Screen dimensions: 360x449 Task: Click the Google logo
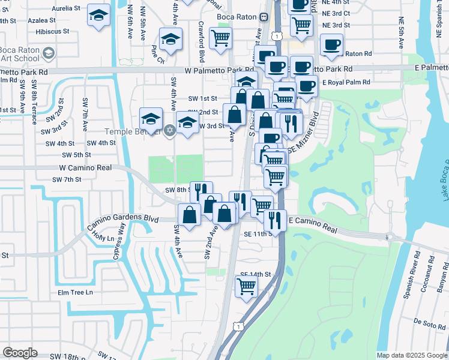coord(20,353)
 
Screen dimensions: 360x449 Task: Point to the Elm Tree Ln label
coord(75,292)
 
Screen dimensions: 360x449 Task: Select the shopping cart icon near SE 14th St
coord(246,289)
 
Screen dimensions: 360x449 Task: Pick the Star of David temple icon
coord(169,130)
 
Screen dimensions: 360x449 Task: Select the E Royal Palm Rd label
coord(345,82)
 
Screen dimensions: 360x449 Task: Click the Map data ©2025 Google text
coord(411,355)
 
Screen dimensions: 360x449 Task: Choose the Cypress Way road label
coord(119,240)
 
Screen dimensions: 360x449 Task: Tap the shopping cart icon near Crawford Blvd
coord(221,38)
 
